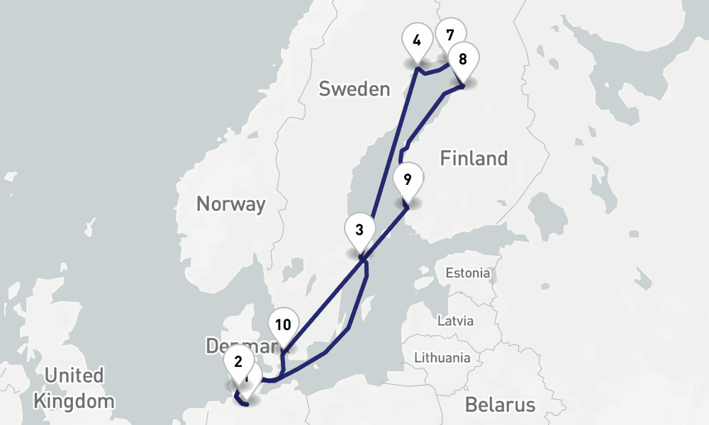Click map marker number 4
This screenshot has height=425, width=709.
417,41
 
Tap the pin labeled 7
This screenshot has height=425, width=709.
450,34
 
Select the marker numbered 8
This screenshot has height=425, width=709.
463,59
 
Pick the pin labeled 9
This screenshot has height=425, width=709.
407,180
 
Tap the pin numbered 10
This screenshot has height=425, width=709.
283,326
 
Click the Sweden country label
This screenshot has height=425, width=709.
354,89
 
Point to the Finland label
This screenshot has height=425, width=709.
474,158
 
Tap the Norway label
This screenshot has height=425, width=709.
230,205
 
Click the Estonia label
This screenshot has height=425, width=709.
467,273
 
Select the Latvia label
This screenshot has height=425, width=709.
454,321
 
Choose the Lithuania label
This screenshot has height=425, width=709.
441,358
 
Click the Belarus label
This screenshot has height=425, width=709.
500,405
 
